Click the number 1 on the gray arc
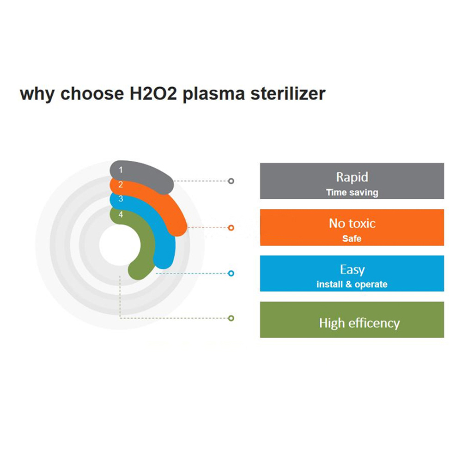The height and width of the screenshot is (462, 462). tap(121, 170)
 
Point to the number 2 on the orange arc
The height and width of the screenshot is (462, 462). tap(121, 185)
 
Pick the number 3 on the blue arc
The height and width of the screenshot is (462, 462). tap(121, 199)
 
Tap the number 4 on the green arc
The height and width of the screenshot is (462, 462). tap(121, 214)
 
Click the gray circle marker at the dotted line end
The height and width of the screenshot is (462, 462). tap(231, 181)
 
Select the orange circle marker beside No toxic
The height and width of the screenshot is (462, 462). tap(231, 228)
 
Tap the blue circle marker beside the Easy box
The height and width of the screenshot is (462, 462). tap(231, 274)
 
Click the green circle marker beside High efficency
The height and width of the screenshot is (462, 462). tap(231, 318)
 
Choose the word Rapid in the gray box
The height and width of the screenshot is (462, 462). tap(352, 177)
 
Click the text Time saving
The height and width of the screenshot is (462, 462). tap(352, 193)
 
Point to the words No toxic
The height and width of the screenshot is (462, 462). tap(352, 224)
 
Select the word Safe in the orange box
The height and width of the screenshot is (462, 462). tap(352, 239)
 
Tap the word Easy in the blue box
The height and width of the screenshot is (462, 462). tap(352, 269)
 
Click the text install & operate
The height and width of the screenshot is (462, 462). tap(352, 284)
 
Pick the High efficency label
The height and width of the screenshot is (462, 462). tap(359, 322)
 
